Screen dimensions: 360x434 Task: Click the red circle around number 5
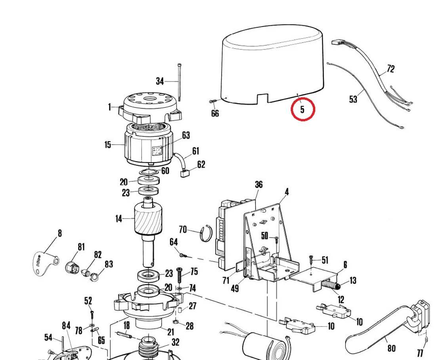point(303,109)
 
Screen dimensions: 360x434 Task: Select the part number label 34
point(160,81)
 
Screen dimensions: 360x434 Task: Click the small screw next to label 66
point(212,101)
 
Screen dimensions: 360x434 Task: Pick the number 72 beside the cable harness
point(390,69)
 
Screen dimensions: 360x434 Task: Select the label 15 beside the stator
point(108,144)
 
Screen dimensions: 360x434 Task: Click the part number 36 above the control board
point(259,184)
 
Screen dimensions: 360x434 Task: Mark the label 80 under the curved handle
point(391,348)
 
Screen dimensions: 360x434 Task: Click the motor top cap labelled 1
point(148,107)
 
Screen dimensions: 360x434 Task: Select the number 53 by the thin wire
point(353,99)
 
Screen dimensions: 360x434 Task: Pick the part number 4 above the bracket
point(287,192)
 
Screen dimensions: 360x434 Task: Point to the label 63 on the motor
point(186,135)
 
